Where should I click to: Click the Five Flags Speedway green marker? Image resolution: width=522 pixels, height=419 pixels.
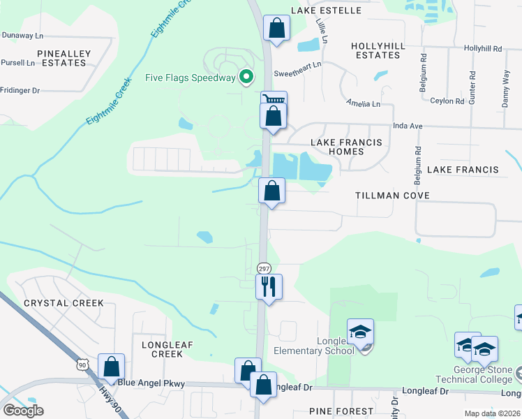246,78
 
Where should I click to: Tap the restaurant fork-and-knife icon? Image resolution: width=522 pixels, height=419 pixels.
269,285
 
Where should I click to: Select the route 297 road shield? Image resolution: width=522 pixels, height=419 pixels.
263,268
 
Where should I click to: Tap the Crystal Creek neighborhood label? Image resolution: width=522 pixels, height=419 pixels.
64,303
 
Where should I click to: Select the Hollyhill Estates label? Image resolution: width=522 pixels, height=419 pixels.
378,50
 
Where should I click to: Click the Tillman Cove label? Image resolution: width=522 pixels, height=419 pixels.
392,196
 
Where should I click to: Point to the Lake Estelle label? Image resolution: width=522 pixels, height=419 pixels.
327,10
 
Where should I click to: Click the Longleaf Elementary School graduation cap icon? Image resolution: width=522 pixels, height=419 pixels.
361,331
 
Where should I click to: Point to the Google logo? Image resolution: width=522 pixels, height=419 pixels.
23,411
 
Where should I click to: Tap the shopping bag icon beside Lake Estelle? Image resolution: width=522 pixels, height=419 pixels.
277,29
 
